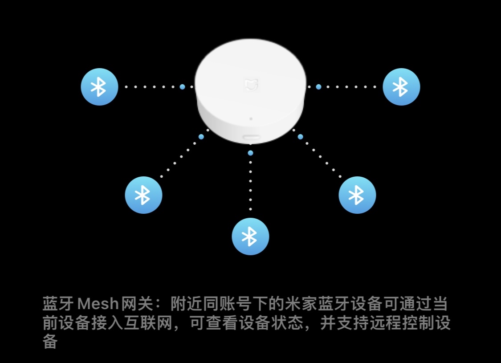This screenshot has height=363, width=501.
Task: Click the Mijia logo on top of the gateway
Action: (x=251, y=85)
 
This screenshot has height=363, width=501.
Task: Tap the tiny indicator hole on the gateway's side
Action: (x=251, y=119)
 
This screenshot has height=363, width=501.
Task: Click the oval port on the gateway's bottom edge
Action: (x=252, y=137)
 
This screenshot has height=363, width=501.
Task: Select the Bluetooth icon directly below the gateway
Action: (x=250, y=237)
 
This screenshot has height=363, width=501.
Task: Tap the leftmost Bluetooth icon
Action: (x=99, y=86)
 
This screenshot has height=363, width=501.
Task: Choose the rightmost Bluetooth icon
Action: (x=401, y=86)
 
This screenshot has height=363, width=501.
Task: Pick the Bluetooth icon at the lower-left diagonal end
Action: (x=143, y=195)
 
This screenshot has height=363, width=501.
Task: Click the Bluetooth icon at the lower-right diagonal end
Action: (x=357, y=195)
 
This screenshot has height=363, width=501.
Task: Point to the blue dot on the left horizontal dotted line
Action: (x=182, y=86)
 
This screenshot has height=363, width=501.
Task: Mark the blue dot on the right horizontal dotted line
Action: (x=318, y=86)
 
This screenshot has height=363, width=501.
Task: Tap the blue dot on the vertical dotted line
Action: (x=250, y=153)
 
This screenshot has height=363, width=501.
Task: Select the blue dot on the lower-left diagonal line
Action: (x=201, y=137)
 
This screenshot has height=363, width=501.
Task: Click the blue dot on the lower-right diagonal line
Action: (x=300, y=137)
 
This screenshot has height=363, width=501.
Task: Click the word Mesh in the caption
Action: (x=98, y=303)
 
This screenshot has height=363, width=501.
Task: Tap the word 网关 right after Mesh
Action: (x=137, y=303)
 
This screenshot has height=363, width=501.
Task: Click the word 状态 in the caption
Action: (x=287, y=323)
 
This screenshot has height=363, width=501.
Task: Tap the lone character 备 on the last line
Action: (x=50, y=341)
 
